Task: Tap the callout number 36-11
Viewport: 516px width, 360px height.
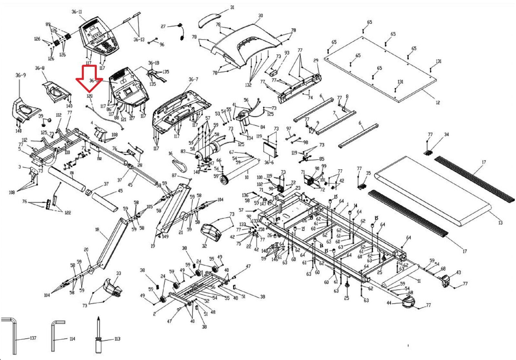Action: coord(77,12)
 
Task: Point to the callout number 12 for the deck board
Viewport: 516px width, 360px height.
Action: coord(437,103)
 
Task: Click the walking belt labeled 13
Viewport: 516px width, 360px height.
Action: coord(432,190)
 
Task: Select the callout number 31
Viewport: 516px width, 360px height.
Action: coord(232,7)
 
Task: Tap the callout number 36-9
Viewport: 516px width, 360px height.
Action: coord(20,75)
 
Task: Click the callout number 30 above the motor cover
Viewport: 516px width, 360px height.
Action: coord(261,15)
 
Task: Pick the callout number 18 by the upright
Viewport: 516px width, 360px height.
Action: coord(97,230)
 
